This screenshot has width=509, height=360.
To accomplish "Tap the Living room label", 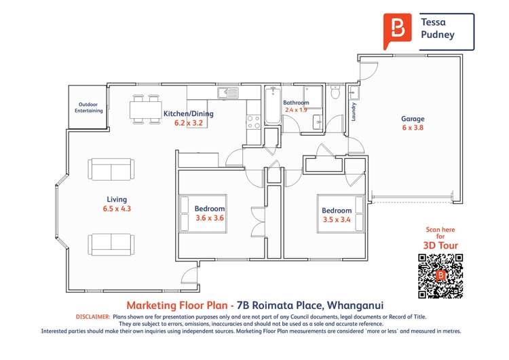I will (x=116, y=200).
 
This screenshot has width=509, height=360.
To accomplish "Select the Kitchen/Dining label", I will (x=189, y=114).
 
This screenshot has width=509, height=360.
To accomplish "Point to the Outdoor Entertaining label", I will (x=89, y=107).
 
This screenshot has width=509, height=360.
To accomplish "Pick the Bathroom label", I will (x=296, y=103).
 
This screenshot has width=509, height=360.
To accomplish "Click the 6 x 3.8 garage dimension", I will (x=413, y=128).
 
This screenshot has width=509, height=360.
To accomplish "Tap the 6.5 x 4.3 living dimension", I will (x=116, y=209).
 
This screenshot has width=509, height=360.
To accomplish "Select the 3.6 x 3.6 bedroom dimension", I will (x=210, y=218).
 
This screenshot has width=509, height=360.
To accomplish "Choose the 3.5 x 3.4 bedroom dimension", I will (x=337, y=219).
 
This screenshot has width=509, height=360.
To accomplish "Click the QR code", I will (x=440, y=276).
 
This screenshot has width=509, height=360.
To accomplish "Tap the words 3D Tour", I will (x=440, y=246).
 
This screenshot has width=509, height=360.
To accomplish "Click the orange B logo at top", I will (x=397, y=29).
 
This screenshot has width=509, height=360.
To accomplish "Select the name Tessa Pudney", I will (x=438, y=28).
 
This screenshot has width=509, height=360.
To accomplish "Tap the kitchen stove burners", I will (x=253, y=122).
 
